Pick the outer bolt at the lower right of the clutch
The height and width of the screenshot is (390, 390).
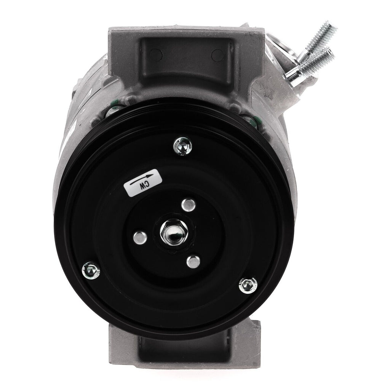pyautogui.click(x=248, y=284)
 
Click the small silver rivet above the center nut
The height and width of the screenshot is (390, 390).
pyautogui.click(x=188, y=205)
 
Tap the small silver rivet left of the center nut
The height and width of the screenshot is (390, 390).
pyautogui.click(x=140, y=238)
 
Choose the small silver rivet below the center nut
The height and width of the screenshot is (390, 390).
pyautogui.click(x=193, y=262)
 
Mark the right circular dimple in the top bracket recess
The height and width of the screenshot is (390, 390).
pyautogui.click(x=217, y=58)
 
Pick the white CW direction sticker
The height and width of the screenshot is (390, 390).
pyautogui.click(x=144, y=183)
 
